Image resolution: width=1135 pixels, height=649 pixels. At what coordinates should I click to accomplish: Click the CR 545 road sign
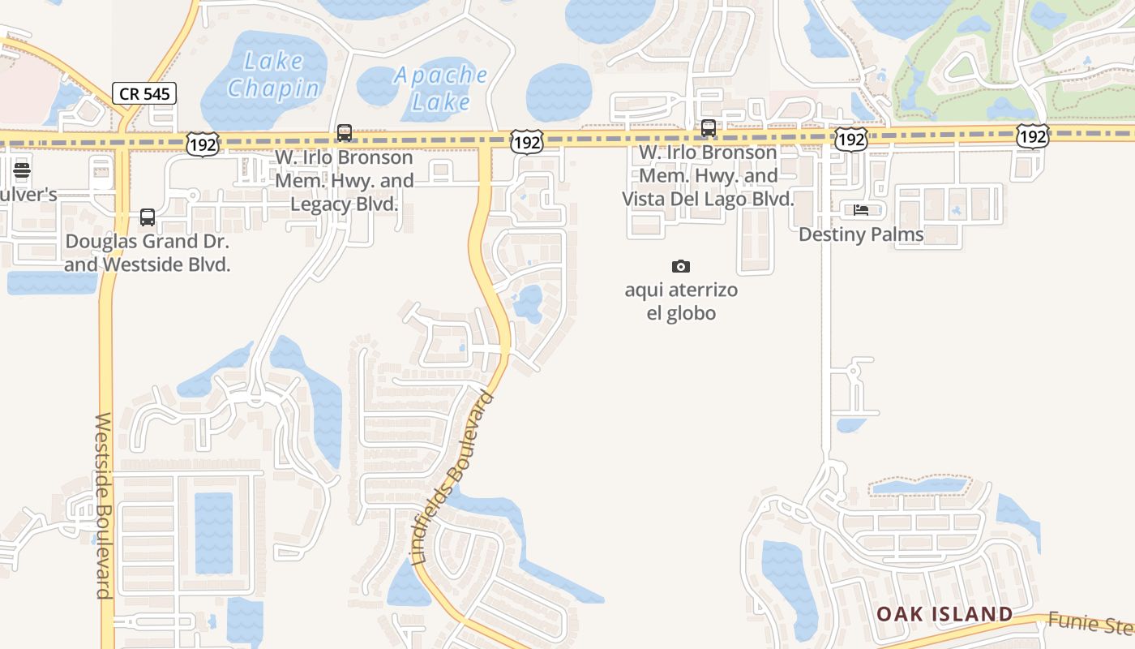[x=144, y=93]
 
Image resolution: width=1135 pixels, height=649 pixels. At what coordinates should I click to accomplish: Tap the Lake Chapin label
[x=273, y=75]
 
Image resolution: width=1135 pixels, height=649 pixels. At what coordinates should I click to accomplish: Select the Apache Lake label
[x=441, y=88]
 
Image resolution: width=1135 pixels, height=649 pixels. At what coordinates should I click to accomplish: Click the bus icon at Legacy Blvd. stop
[x=345, y=132]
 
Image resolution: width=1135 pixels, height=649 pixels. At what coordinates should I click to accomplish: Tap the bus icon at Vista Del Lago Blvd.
[x=709, y=127]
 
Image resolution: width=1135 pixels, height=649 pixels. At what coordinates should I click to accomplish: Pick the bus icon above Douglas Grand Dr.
[x=147, y=217]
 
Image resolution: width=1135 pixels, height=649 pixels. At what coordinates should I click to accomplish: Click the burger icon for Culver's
[x=22, y=170]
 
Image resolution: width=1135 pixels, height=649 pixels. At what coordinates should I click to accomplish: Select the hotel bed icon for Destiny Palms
[x=861, y=210]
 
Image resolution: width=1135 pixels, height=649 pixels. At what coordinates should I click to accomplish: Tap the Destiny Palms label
[x=861, y=234]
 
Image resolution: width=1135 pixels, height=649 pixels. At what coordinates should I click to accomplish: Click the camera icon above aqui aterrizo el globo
[x=681, y=266]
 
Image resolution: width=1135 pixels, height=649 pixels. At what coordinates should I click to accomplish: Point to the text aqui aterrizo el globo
[x=681, y=301]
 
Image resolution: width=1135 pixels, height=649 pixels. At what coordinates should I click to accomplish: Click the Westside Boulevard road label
[x=104, y=505]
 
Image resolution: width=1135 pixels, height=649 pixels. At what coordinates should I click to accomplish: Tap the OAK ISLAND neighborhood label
[x=944, y=614]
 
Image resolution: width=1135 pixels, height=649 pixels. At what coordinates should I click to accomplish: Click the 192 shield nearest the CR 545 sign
[x=202, y=144]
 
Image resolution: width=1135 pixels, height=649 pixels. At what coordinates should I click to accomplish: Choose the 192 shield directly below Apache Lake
[x=527, y=143]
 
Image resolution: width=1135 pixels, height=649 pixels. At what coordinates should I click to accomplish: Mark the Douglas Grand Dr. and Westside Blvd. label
[x=148, y=253]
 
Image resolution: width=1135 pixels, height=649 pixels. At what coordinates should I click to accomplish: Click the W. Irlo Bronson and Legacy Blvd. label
[x=345, y=180]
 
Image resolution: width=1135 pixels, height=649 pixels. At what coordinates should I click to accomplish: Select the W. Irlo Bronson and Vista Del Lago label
[x=708, y=175]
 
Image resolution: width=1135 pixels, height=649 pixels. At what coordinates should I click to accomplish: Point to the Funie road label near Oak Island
[x=1090, y=623]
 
